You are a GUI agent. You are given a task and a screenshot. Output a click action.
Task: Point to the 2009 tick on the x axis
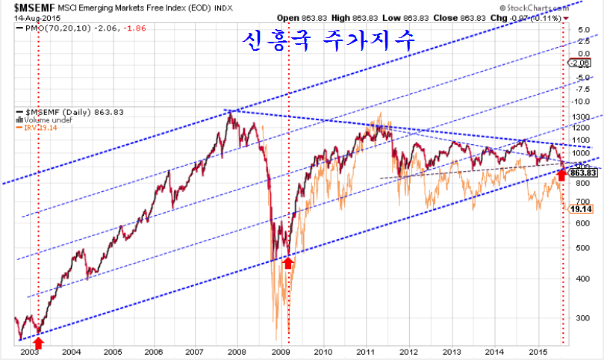(x=280, y=350)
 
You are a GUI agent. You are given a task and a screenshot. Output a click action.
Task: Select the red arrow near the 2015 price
(x=561, y=176)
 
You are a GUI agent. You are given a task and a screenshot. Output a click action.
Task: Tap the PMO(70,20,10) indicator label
(x=48, y=28)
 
